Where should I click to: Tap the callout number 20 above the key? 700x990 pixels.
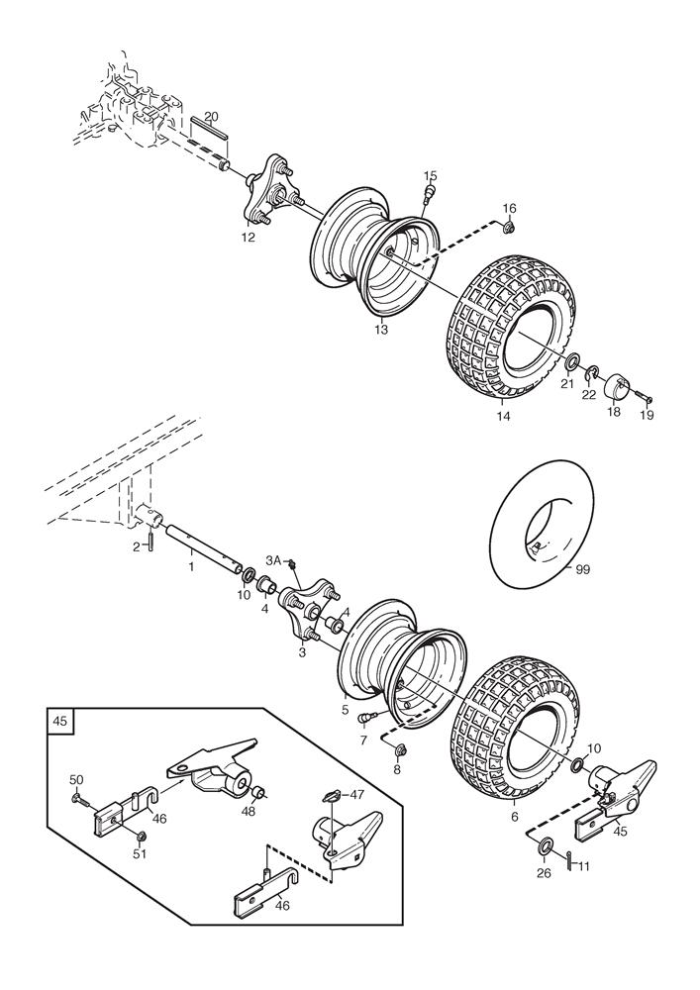point(212,116)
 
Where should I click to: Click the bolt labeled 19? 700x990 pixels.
point(643,396)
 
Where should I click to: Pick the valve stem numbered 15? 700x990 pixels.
point(431,192)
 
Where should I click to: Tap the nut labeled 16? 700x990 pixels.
point(510,228)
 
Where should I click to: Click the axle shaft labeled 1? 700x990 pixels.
point(203,546)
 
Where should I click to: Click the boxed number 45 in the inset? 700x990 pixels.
point(60,720)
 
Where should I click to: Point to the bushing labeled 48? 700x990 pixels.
point(257,792)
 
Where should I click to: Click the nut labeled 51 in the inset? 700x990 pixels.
point(141,838)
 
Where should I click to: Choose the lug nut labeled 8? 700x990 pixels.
point(398,750)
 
